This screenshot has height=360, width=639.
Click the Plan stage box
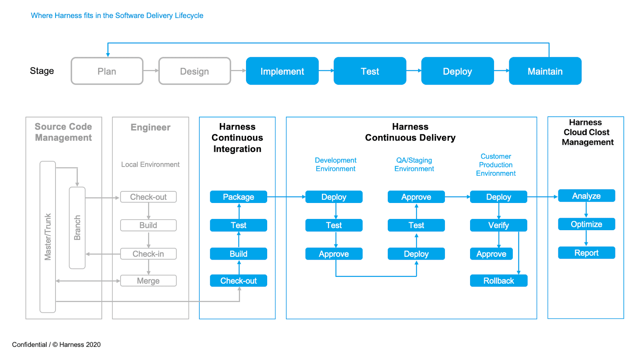tap(107, 71)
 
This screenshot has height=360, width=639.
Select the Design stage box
tap(194, 71)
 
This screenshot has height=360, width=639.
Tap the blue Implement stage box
tap(282, 71)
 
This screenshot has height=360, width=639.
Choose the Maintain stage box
tap(545, 71)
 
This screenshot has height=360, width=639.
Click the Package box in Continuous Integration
tap(238, 197)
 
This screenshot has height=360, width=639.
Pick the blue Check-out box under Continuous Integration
tap(238, 281)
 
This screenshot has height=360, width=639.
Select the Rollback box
tap(498, 281)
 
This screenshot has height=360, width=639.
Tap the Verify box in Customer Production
tap(498, 225)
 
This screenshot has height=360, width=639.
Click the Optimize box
tap(586, 224)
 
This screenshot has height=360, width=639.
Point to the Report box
tap(586, 253)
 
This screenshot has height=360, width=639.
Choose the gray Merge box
tap(148, 281)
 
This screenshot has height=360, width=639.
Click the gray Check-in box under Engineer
tap(148, 254)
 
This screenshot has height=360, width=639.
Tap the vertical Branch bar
tap(77, 228)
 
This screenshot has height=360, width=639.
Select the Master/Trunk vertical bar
tap(48, 237)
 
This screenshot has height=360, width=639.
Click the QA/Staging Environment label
tap(414, 165)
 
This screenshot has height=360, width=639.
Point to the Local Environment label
tap(150, 165)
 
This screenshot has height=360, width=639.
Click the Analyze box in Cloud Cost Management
tap(586, 196)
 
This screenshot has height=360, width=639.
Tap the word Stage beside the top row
tap(42, 71)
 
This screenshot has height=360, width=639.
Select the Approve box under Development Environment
tap(334, 254)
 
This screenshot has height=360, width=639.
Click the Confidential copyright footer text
tap(56, 344)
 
